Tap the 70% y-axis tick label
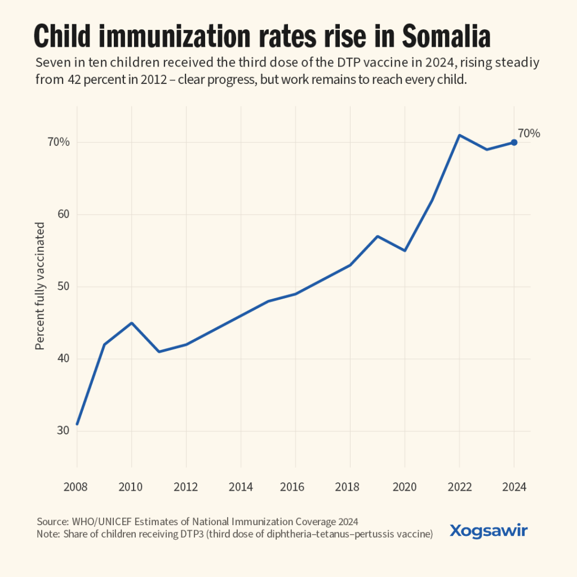click(59, 142)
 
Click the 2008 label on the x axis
click(77, 486)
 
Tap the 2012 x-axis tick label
click(187, 486)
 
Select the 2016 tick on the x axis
click(296, 486)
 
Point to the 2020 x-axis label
click(405, 486)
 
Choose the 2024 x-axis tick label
click(514, 486)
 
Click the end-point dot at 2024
click(514, 142)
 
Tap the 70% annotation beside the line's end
click(529, 134)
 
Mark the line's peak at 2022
click(459, 135)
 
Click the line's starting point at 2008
click(77, 424)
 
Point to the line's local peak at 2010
click(132, 323)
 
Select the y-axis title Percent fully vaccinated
click(40, 286)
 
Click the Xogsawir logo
click(489, 530)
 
